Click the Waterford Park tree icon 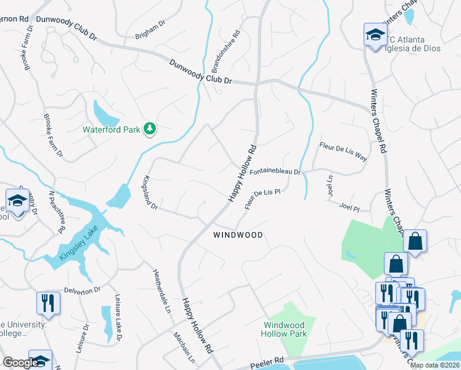pyautogui.click(x=149, y=129)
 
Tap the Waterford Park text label pyautogui.click(x=111, y=129)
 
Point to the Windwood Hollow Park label pyautogui.click(x=284, y=329)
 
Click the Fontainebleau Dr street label pyautogui.click(x=275, y=172)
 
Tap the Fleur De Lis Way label pyautogui.click(x=343, y=150)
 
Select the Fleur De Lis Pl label pyautogui.click(x=263, y=199)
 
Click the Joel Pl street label pyautogui.click(x=348, y=208)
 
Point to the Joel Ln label pyautogui.click(x=329, y=183)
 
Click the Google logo pyautogui.click(x=20, y=363)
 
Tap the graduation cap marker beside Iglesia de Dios pyautogui.click(x=375, y=35)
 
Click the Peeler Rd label pyautogui.click(x=268, y=360)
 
